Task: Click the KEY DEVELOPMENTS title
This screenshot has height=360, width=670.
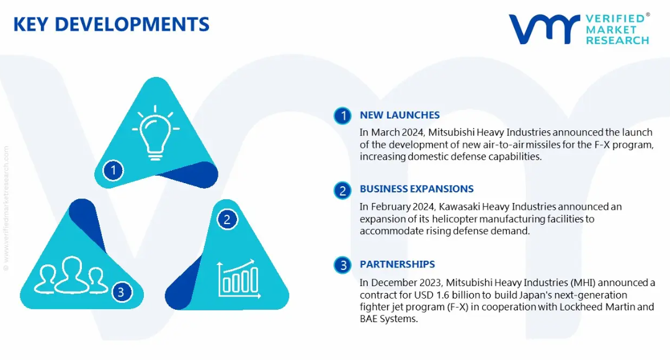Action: pos(111,24)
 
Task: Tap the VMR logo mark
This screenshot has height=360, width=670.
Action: pos(544,29)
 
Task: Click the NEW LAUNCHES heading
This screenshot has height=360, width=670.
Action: pos(400,115)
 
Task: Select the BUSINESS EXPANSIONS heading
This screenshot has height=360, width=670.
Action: pos(417,189)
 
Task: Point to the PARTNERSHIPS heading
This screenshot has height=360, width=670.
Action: pos(398,264)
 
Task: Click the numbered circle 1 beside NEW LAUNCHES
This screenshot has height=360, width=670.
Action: pos(342,115)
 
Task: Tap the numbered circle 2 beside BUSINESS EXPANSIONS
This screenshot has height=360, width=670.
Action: pos(342,191)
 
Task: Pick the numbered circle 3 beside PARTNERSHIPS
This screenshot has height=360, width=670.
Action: pos(342,265)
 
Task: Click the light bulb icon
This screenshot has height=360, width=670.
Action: pos(156,133)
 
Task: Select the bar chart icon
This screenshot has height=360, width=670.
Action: pos(238,279)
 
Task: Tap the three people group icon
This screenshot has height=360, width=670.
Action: pos(71,276)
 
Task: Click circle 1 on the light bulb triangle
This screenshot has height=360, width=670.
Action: pos(114,170)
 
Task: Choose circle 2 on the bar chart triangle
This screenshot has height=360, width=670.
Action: pos(227,219)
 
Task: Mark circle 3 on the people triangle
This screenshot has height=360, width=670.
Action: pos(122,292)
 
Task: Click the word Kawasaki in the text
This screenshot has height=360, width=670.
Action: pos(458,207)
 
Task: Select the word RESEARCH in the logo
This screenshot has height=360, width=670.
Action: pos(617,40)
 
